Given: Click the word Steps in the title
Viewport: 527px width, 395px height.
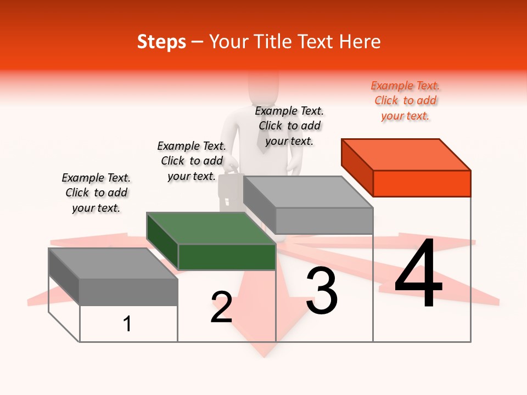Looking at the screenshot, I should click(x=161, y=42).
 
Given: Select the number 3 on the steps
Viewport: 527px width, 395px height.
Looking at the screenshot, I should click(x=322, y=290).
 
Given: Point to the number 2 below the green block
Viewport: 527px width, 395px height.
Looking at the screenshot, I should click(x=221, y=307).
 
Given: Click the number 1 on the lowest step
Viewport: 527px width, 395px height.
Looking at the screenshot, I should click(x=127, y=324).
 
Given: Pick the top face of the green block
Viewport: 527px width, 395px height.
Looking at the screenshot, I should click(x=211, y=228).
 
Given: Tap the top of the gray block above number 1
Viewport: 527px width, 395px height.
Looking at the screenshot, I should click(x=113, y=263).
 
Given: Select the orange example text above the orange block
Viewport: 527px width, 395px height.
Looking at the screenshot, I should click(x=405, y=100).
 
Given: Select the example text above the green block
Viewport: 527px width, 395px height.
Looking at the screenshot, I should click(x=192, y=161).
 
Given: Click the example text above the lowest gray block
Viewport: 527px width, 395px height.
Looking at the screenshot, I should click(x=96, y=193).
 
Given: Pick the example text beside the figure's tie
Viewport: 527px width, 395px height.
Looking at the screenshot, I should click(x=289, y=126).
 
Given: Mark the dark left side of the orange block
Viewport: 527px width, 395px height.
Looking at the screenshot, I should click(x=357, y=167).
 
